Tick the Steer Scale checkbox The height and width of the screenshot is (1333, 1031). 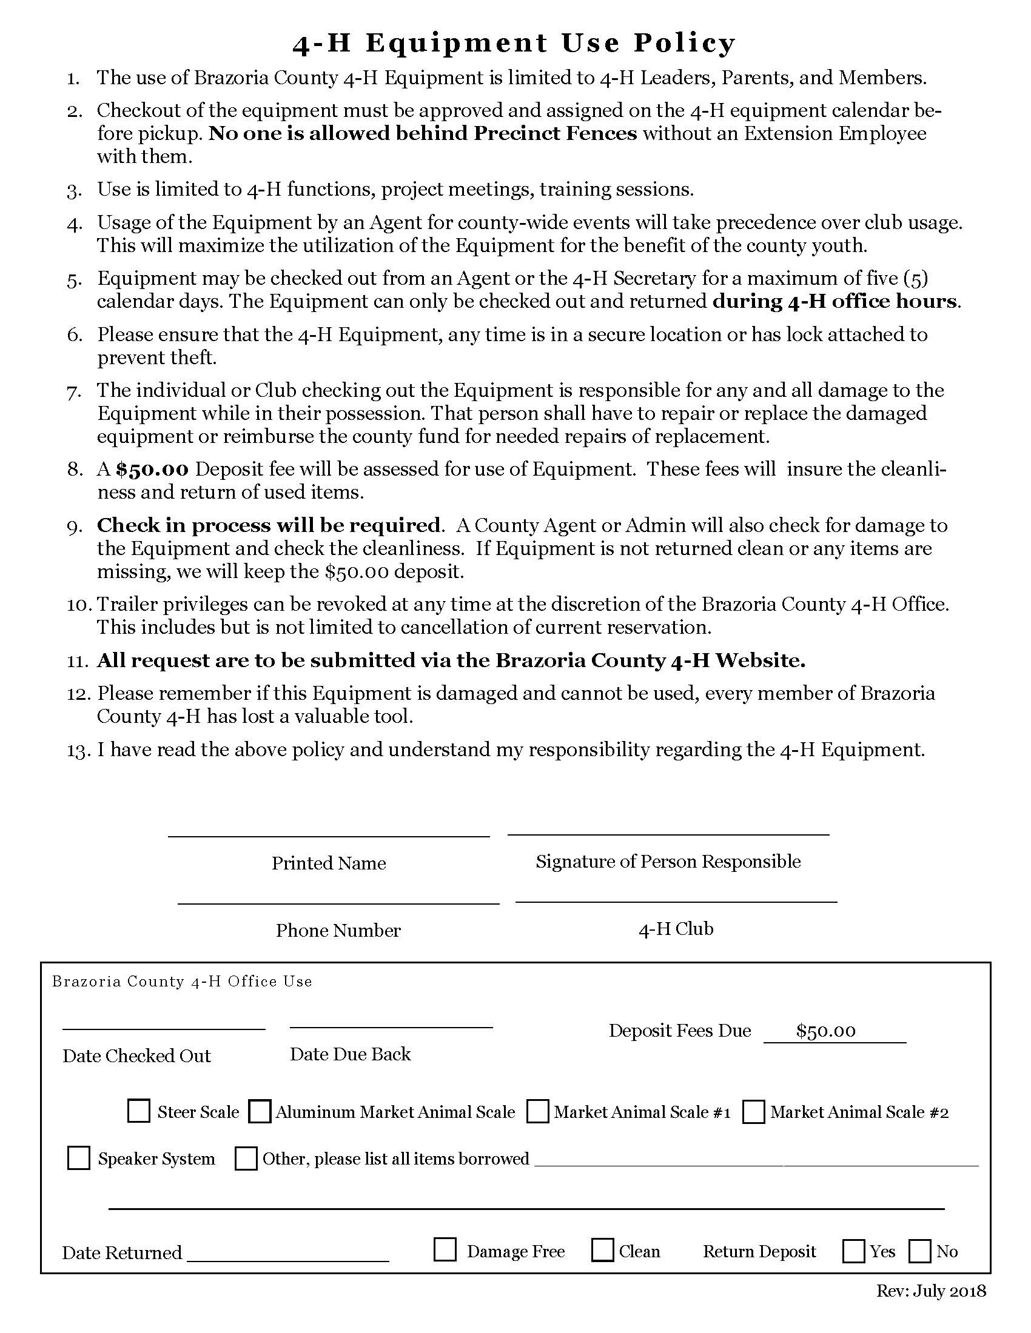point(139,1111)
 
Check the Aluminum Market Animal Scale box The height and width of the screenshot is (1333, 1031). point(260,1111)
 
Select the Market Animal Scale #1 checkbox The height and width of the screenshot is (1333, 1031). point(537,1111)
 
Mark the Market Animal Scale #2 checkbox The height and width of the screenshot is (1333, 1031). point(754,1111)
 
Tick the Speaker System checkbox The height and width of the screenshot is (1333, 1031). point(78,1158)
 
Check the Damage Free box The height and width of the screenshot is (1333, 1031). point(445,1249)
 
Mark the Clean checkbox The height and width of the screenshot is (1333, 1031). point(602,1249)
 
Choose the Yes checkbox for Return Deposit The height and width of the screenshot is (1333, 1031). point(853,1251)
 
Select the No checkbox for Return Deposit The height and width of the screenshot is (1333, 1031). point(919,1251)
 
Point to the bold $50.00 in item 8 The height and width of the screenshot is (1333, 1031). point(152,469)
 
